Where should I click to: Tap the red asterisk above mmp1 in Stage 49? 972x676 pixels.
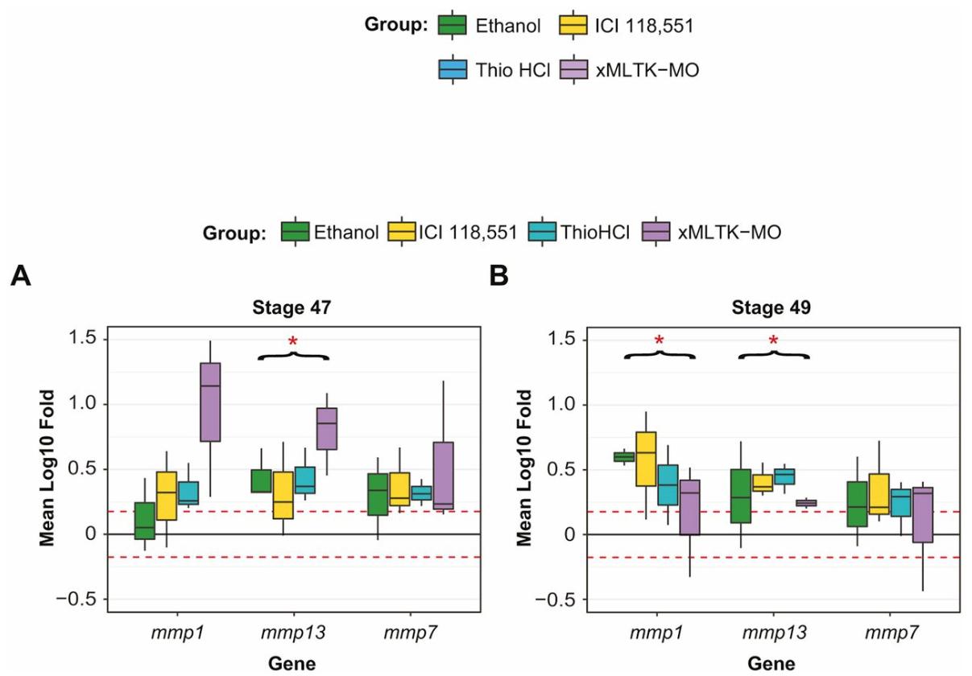coord(659,343)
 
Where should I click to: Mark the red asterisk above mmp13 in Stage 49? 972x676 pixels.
coord(773,343)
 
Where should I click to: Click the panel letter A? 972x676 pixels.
coord(19,278)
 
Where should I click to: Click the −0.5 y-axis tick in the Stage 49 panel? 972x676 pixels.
coord(556,600)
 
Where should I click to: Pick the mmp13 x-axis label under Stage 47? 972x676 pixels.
coord(292,633)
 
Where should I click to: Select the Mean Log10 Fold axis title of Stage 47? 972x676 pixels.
coord(48,468)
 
